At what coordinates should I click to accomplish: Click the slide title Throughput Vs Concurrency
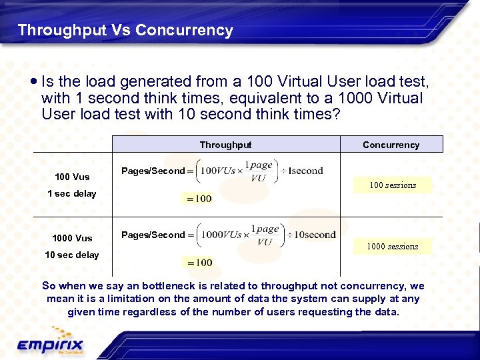click(125, 30)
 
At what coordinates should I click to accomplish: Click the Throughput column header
click(225, 145)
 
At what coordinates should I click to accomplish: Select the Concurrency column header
click(391, 145)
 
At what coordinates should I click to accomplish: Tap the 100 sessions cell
click(393, 185)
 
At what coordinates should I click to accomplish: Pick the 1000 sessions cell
click(393, 247)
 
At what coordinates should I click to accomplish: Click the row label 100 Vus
click(72, 177)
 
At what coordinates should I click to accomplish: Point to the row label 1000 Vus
click(72, 238)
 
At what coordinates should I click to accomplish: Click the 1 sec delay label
click(72, 193)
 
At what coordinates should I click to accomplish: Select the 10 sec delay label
click(72, 255)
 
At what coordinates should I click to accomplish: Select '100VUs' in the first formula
click(217, 171)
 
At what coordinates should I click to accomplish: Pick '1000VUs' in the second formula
click(221, 235)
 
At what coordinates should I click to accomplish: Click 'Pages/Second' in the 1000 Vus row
click(153, 235)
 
